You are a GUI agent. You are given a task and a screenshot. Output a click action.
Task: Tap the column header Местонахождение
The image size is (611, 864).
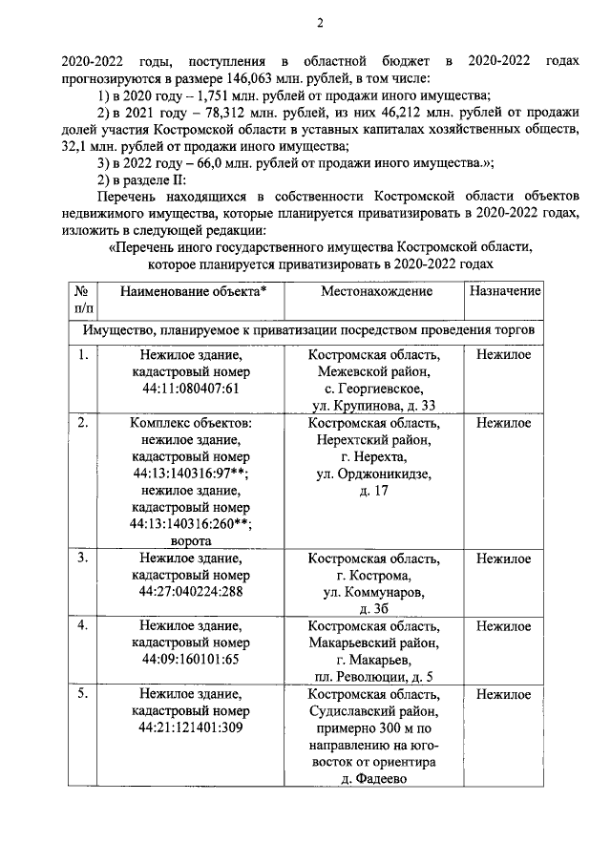(x=374, y=290)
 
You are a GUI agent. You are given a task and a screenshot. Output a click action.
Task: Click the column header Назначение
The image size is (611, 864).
(x=503, y=290)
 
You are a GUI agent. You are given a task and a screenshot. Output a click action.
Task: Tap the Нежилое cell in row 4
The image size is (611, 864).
(x=503, y=626)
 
